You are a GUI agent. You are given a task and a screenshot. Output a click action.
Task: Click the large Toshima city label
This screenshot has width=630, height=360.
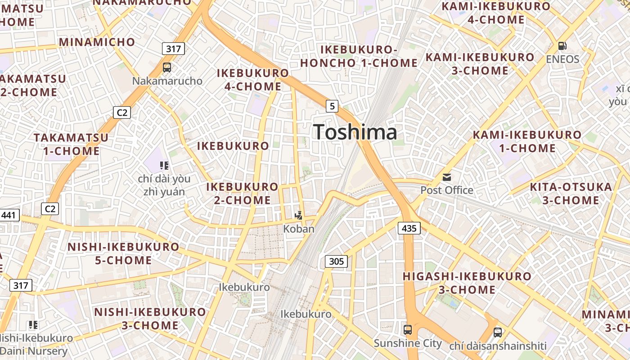pos(355,132)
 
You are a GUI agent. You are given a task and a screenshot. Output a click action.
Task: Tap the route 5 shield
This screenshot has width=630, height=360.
pos(332,106)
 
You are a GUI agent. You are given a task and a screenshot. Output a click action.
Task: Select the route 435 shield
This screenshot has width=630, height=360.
pos(409,228)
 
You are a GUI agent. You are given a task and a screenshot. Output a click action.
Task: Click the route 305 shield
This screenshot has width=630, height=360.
pos(336,261)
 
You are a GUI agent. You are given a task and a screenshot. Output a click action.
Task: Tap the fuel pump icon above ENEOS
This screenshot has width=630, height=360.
pos(562,46)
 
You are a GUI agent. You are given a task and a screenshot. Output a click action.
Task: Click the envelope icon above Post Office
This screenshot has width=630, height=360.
pos(446,177)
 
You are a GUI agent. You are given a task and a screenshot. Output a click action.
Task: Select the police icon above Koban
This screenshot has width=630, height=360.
pos(298,216)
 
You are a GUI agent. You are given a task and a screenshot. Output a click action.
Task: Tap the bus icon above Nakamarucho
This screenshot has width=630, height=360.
pos(167,67)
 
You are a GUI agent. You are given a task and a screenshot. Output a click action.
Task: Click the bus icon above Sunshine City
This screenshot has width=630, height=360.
pos(408,330)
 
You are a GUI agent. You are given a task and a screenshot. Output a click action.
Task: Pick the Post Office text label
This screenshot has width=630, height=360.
pos(446,190)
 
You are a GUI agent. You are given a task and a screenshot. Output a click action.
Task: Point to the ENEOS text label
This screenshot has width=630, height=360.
pos(562,59)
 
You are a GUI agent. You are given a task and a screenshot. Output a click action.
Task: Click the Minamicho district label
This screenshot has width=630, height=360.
pos(97,42)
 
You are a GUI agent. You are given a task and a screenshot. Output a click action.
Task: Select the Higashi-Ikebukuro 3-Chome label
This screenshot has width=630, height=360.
pos(467,283)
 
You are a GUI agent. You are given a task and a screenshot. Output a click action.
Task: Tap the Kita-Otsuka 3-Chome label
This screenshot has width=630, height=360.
pos(571,193)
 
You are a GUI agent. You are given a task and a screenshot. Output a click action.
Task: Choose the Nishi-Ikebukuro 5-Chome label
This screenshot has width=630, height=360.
pos(123,253)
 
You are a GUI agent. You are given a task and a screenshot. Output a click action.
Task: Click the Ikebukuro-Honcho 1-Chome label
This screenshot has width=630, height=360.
pos(359,56)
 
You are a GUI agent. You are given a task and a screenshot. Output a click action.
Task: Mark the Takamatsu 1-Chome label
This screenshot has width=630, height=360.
pos(71,144)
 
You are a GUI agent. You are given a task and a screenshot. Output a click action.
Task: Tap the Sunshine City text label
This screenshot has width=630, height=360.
pos(408,343)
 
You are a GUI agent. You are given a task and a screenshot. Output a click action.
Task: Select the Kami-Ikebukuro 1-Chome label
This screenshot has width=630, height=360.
pos(527,141)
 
